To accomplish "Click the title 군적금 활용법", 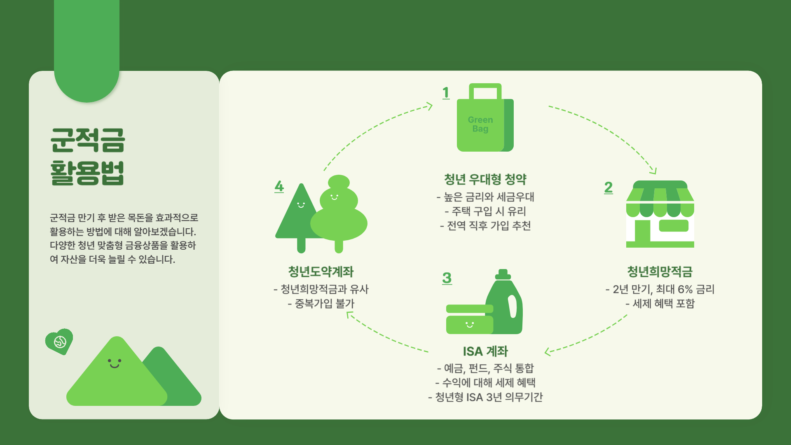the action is (x=87, y=157).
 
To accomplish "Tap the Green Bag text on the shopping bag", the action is (x=480, y=124).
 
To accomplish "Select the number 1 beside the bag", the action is (x=446, y=93).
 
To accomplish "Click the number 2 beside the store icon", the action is (x=608, y=187).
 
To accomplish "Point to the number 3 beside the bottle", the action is (x=447, y=278).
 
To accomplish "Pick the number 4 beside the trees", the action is (x=279, y=186).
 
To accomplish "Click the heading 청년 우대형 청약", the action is (x=485, y=179).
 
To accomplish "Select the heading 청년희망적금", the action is (x=660, y=272).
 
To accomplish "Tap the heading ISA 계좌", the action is (x=485, y=351).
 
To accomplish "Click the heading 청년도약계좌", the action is (x=321, y=272).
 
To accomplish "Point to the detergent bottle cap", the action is (x=503, y=274).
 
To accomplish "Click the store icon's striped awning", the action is (x=660, y=202).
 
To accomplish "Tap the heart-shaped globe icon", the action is (x=59, y=341).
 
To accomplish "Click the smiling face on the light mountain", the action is (x=114, y=363).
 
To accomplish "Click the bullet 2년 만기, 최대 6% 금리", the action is (x=660, y=289).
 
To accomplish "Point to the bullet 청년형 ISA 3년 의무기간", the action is (x=485, y=397).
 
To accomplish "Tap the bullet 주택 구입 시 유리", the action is (x=485, y=211).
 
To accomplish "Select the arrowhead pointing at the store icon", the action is (x=653, y=171).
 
